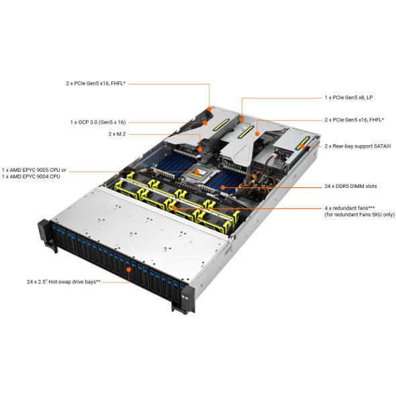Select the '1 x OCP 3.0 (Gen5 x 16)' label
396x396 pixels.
(x=98, y=122)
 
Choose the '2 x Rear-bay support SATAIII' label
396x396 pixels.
(x=358, y=146)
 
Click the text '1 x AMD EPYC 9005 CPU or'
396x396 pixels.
(x=34, y=170)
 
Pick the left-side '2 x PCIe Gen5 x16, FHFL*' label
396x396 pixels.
(x=96, y=83)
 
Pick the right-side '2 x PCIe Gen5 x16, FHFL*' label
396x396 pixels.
(x=354, y=119)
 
